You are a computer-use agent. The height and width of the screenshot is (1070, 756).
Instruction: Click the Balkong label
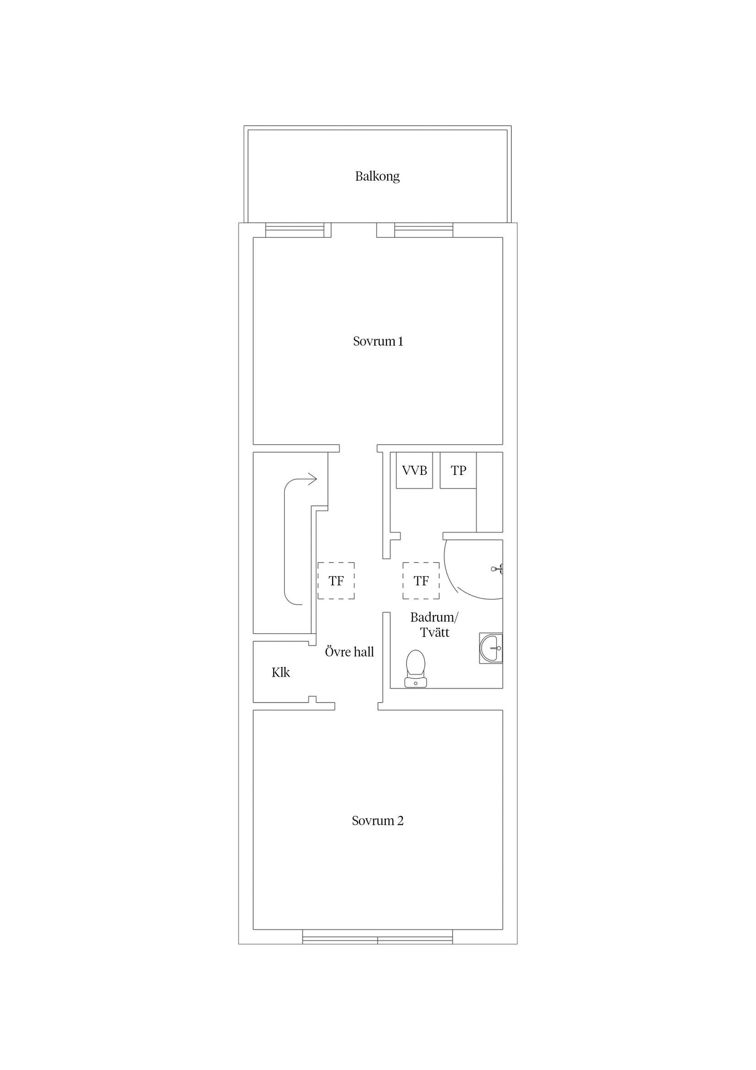coord(377,176)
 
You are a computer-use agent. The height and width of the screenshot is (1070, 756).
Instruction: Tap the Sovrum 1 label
coord(378,342)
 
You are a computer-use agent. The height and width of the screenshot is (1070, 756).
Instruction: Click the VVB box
coord(414,470)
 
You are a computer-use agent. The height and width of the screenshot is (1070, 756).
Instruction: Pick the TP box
coord(458,470)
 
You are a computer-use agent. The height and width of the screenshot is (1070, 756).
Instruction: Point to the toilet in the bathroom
coord(416,669)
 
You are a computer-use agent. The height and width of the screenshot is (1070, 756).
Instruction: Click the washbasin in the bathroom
coord(491,648)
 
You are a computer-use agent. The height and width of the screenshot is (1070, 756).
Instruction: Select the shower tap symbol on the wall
coord(498,568)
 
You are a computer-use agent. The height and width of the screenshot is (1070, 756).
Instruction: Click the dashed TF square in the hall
coord(336,581)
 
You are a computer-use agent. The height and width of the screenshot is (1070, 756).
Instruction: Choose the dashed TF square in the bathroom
coord(421,581)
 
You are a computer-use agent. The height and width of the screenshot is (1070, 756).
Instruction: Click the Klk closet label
coord(280,673)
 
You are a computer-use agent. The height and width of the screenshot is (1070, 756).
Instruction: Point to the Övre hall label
coord(349,652)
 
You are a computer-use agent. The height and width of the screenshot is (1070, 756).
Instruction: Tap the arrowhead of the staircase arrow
coord(313,479)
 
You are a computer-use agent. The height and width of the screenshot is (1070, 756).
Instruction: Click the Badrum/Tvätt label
coord(434,625)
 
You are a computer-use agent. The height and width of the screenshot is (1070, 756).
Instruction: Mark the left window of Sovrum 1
coord(295,230)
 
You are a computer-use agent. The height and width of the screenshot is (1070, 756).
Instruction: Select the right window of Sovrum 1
coord(423,230)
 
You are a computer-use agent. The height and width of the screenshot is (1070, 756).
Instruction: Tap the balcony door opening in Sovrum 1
coord(354,230)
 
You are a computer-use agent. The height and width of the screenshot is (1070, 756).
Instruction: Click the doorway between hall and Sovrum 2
coord(356,707)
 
